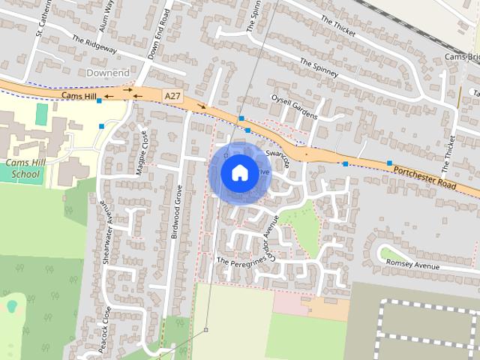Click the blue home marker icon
click(238, 172)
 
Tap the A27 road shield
click(172, 95)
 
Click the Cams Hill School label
click(23, 169)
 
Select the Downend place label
click(108, 73)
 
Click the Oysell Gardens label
click(295, 109)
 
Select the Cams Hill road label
click(79, 97)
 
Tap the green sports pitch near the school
click(41, 115)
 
